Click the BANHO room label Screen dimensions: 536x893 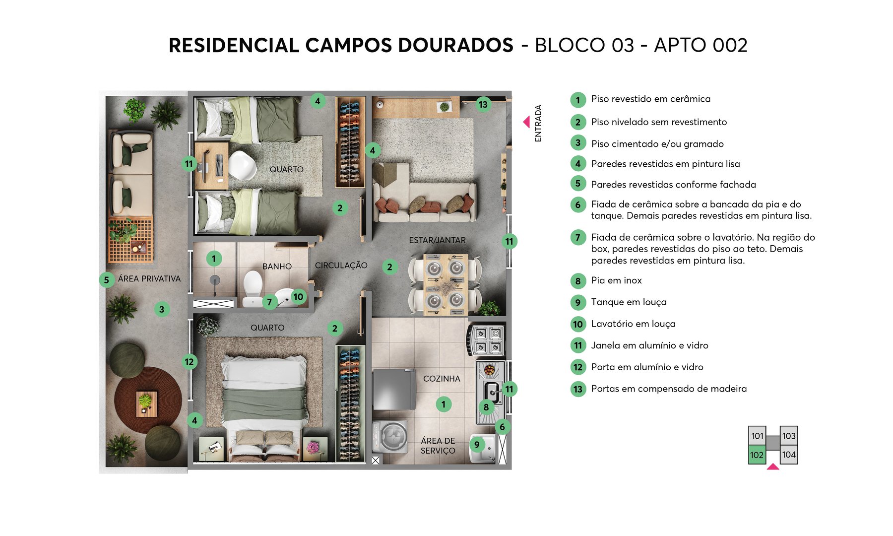(x=277, y=267)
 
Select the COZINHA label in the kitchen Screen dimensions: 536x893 (x=442, y=379)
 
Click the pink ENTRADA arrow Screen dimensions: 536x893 (x=526, y=122)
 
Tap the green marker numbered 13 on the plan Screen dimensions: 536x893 (x=483, y=104)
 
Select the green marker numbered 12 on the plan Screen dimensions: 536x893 (x=189, y=362)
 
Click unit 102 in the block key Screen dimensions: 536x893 (x=757, y=455)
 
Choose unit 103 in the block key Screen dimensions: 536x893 (x=789, y=436)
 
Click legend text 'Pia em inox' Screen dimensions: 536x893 (x=616, y=280)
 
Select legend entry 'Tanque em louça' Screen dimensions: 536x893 (x=629, y=302)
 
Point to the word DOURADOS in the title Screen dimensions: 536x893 (x=455, y=45)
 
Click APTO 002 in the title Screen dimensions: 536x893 (x=701, y=45)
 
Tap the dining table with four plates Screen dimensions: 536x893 (x=445, y=284)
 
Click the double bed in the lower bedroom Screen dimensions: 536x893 (x=264, y=402)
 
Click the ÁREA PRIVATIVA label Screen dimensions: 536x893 (x=149, y=279)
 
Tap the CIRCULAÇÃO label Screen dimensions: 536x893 (x=341, y=266)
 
